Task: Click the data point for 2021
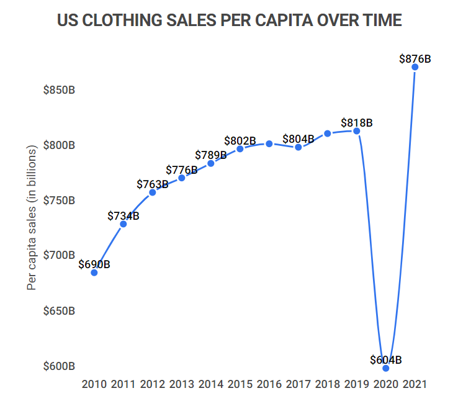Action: point(415,67)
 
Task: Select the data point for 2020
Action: point(386,368)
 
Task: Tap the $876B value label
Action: point(415,59)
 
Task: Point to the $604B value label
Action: point(386,360)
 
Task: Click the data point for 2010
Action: point(94,273)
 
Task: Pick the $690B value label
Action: point(94,264)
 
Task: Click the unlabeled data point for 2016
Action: point(269,143)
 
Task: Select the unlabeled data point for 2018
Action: point(328,133)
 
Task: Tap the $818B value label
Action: point(357,123)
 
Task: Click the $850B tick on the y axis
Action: point(59,90)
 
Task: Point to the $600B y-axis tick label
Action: point(59,366)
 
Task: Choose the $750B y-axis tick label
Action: point(59,200)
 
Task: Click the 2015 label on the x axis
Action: point(240,385)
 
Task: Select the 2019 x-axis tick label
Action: point(356,385)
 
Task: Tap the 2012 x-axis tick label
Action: point(153,385)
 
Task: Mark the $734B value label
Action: point(123,216)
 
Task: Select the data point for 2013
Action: point(182,178)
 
